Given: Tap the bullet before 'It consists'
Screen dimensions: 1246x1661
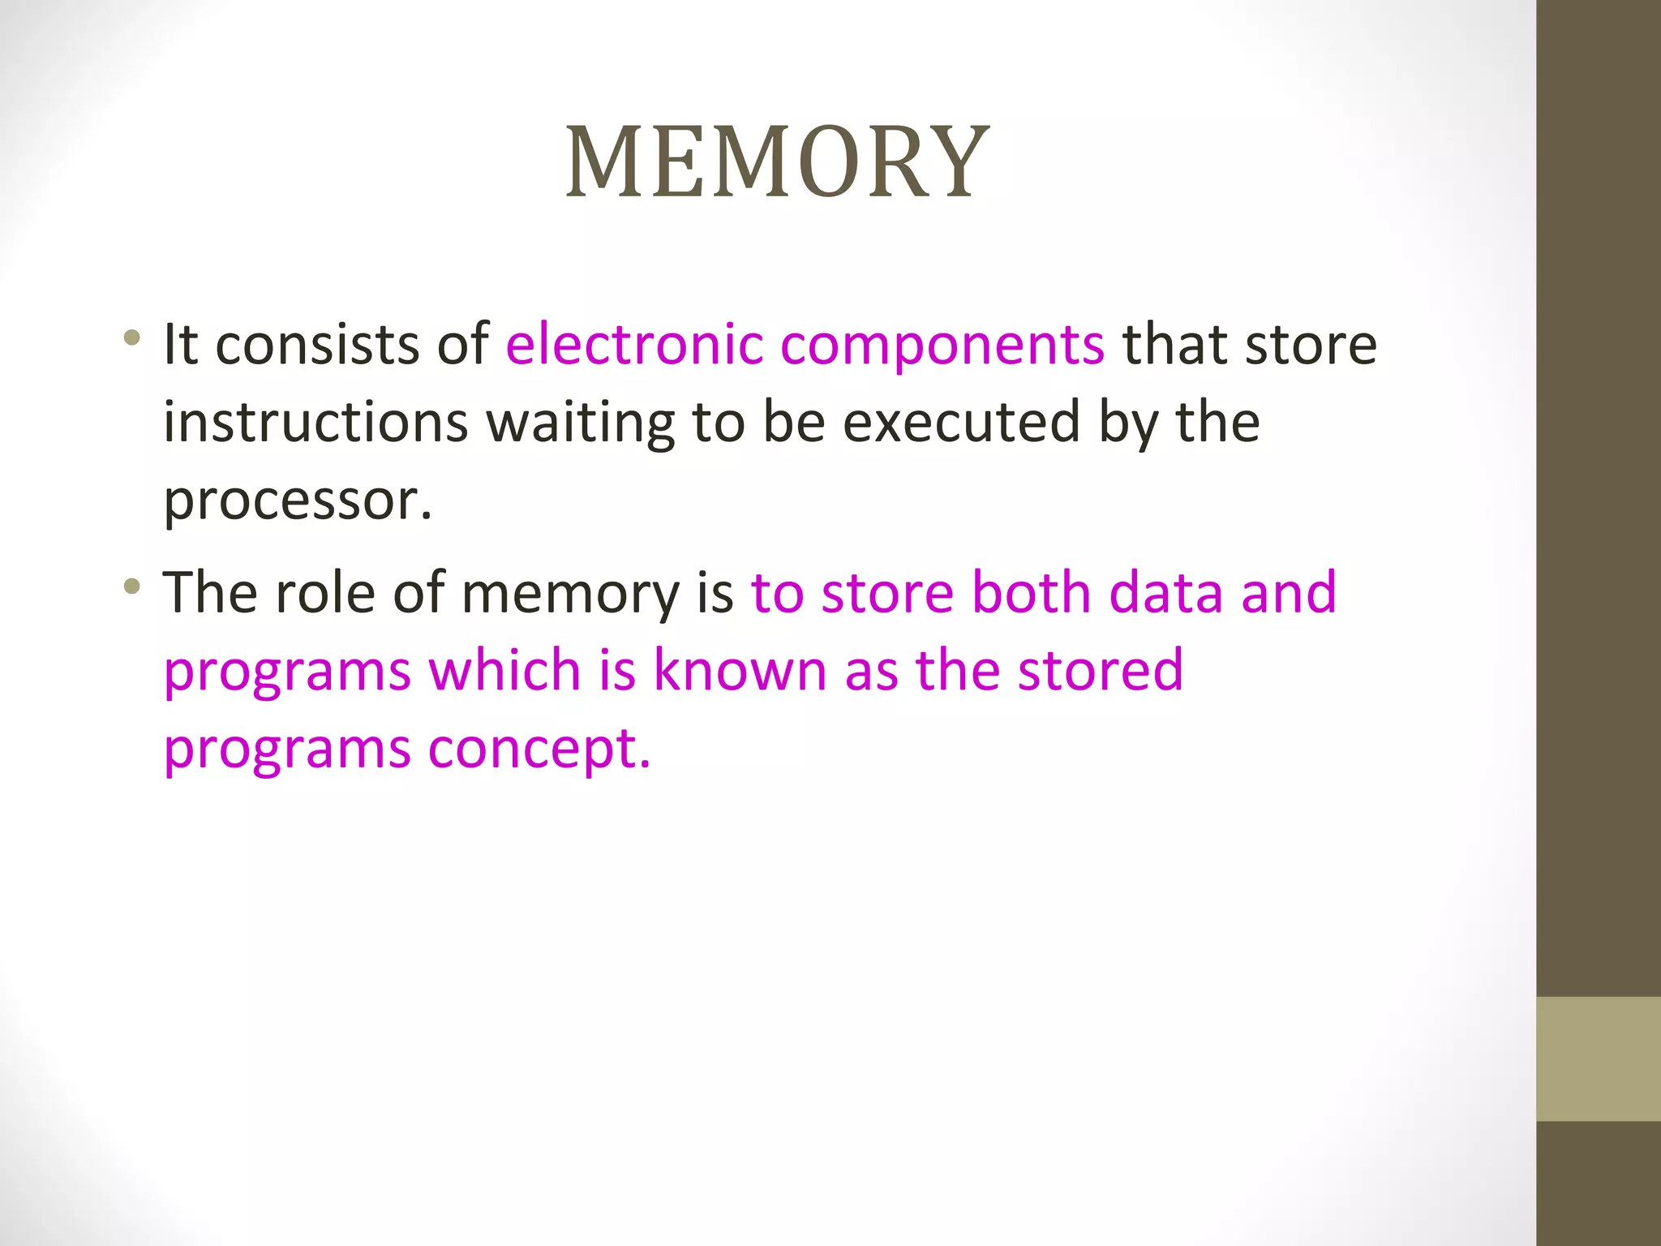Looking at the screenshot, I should (132, 337).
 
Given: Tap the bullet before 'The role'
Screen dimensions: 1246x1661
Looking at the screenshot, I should (132, 585).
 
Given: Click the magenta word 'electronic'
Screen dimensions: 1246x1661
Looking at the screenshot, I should (634, 344).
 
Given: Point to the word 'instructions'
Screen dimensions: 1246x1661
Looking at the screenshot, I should (315, 423).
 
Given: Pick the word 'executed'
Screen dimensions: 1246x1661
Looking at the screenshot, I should (961, 423).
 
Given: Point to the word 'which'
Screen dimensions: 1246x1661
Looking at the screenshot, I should (504, 670).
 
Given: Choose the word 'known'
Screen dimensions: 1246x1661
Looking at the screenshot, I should (740, 670).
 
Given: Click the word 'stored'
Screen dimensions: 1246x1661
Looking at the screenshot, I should (1101, 670).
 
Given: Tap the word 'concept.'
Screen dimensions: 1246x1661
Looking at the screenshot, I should (539, 749).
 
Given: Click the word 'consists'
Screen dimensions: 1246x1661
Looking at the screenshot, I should (318, 344).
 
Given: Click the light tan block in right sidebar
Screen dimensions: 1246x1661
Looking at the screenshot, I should (1598, 1059).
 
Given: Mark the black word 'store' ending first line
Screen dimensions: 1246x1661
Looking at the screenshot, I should (1311, 344).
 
